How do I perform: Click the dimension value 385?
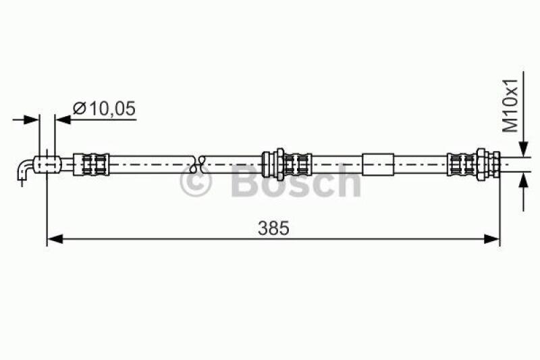[x=273, y=228]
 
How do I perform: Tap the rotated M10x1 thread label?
[x=512, y=105]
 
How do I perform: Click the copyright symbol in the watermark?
[x=196, y=182]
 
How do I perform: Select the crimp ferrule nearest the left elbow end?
[x=91, y=163]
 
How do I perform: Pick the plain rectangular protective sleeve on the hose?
[x=377, y=163]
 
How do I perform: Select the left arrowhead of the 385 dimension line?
[x=54, y=238]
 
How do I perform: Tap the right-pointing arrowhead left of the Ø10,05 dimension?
[x=32, y=120]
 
